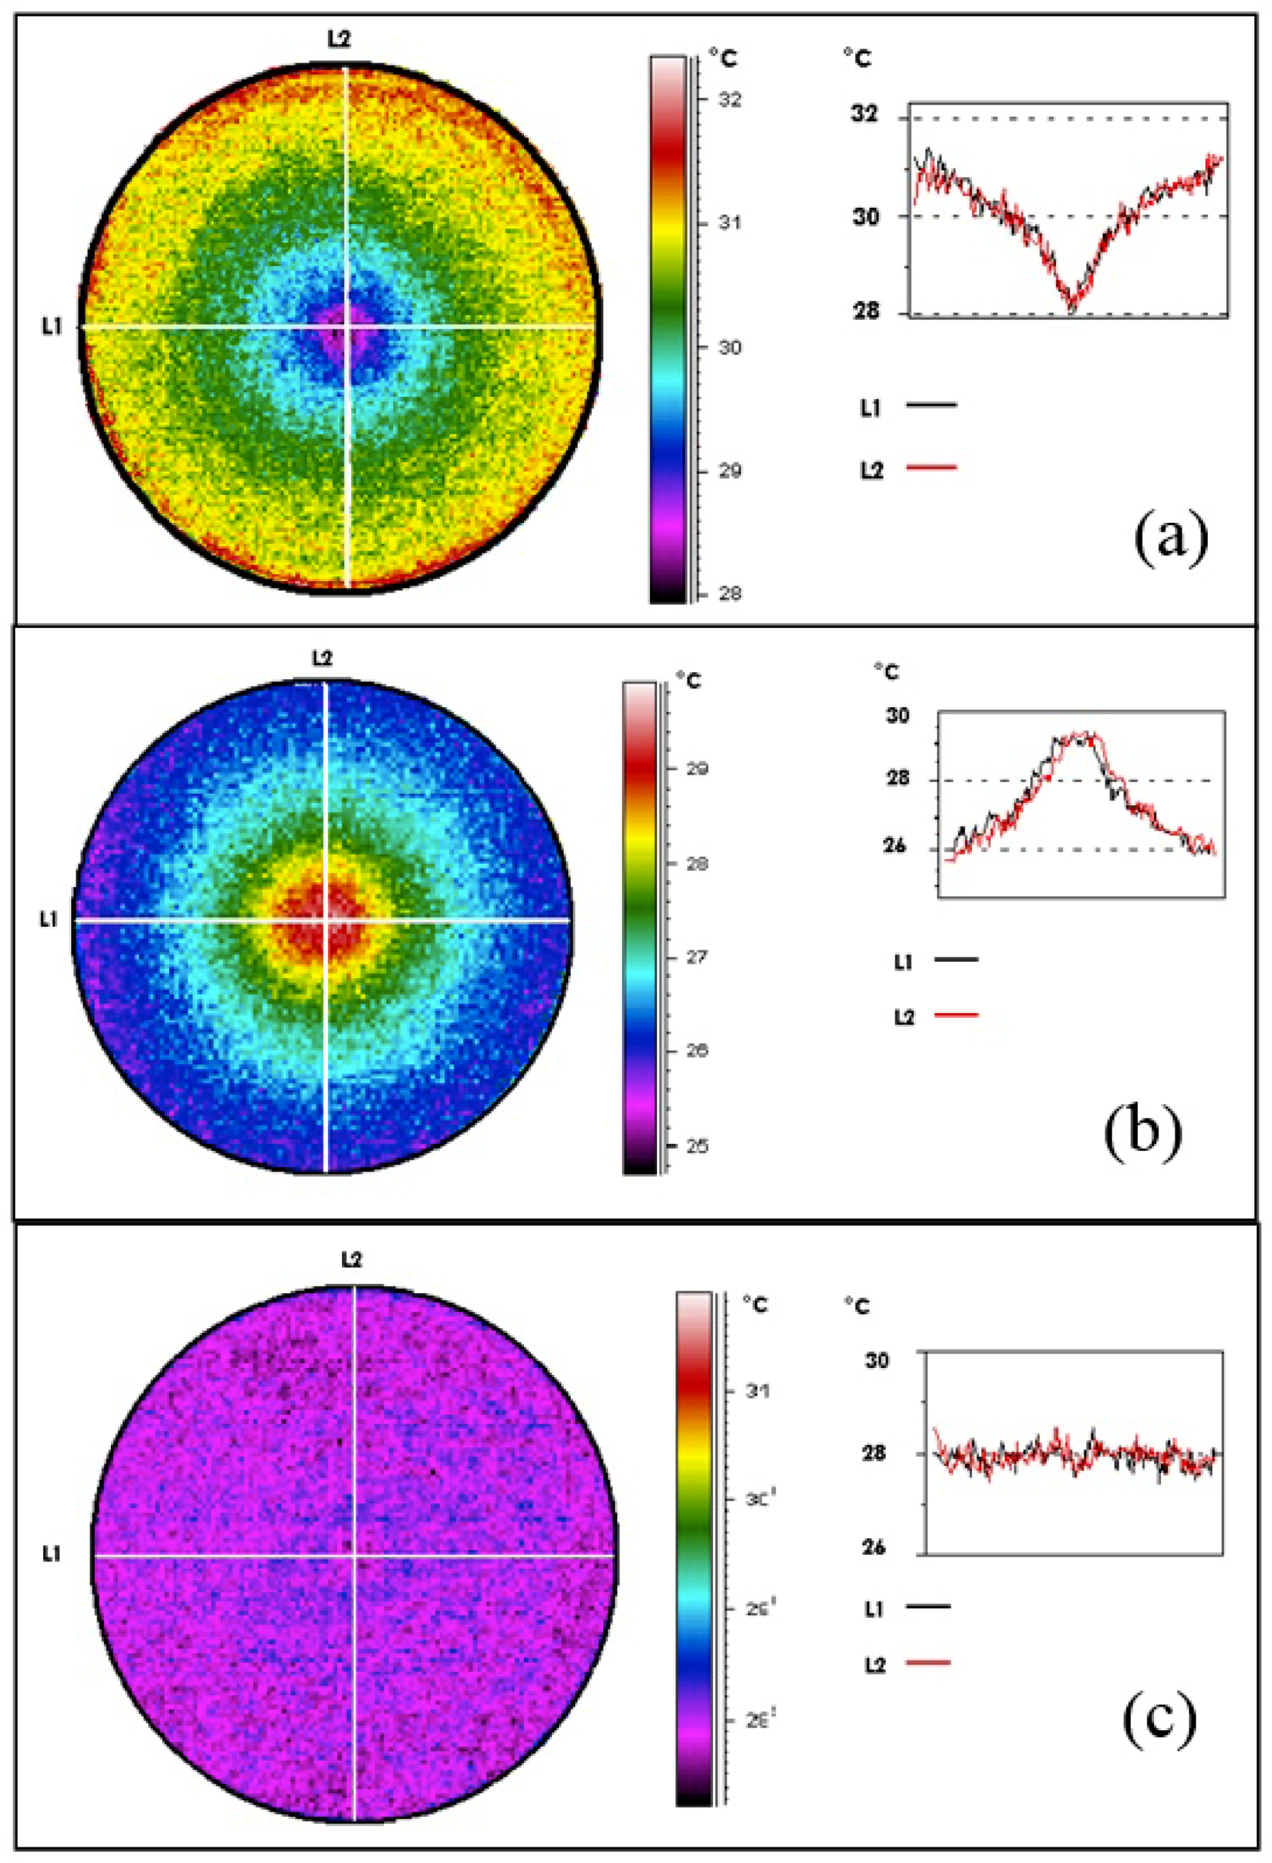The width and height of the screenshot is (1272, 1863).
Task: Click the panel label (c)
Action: (x=1160, y=1726)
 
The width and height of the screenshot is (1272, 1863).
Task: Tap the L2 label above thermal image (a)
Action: (x=340, y=39)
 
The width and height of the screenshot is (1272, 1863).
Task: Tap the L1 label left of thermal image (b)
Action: (x=49, y=920)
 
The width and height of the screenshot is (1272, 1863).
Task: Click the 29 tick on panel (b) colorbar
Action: (x=697, y=769)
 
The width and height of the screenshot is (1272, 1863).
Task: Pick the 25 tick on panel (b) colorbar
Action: (x=697, y=1147)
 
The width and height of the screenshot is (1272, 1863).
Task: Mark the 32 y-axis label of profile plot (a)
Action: (x=865, y=115)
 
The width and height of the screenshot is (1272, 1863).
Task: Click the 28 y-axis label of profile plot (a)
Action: (x=865, y=311)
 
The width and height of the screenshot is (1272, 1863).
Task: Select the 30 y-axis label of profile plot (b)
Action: (x=897, y=714)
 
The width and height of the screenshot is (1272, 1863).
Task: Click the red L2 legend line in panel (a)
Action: (x=931, y=467)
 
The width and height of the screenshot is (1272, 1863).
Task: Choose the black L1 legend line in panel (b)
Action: (x=956, y=958)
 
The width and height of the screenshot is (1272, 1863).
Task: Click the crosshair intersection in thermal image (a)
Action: (x=347, y=327)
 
